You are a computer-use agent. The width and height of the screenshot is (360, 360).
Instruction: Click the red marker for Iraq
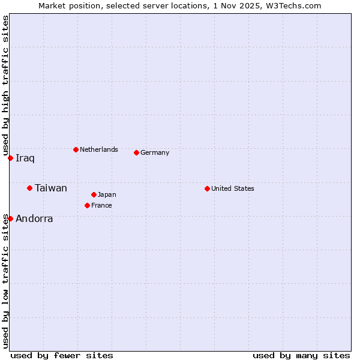(10, 158)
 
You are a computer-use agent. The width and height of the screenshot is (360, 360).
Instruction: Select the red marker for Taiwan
(29, 188)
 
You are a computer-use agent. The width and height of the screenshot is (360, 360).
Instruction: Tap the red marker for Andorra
(10, 218)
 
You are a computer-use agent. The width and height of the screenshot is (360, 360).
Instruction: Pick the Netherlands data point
(76, 149)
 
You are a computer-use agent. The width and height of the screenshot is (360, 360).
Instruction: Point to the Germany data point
(136, 152)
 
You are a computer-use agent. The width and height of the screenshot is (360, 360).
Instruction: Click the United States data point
(207, 188)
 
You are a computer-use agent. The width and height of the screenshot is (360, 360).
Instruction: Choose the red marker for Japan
(94, 194)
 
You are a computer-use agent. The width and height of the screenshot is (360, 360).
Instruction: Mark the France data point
(87, 205)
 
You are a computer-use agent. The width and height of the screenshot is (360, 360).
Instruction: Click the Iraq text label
(25, 158)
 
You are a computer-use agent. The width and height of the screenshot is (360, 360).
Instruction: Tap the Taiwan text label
(51, 188)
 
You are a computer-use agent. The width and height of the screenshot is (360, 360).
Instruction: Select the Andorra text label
(34, 219)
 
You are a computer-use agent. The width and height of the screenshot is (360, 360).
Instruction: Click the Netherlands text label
(99, 149)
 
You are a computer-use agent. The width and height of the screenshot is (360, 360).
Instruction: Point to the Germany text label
(155, 152)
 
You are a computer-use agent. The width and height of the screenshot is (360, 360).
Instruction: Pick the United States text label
(233, 188)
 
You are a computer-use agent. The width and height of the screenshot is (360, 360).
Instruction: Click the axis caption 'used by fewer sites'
(62, 355)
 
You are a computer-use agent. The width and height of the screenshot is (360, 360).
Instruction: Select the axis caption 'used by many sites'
(301, 355)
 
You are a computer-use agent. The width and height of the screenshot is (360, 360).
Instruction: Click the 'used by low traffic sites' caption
(5, 281)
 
